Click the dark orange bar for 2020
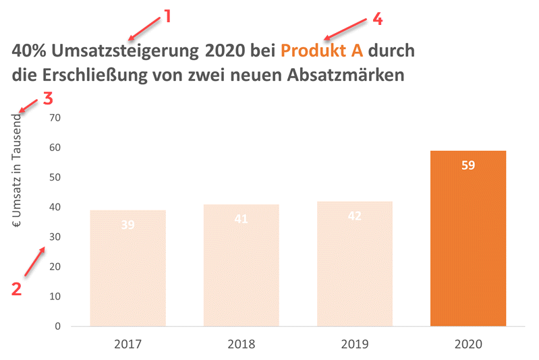[x=467, y=243]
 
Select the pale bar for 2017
[x=127, y=270]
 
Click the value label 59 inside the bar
[x=468, y=165]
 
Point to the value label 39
[x=127, y=225]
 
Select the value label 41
[x=241, y=219]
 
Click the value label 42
[x=354, y=216]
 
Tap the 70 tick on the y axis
[x=55, y=118]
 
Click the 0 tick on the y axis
[x=58, y=326]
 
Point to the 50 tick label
[x=55, y=177]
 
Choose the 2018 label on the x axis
[x=241, y=344]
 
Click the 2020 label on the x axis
[x=467, y=344]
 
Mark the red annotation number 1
[x=167, y=17]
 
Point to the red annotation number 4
[x=377, y=19]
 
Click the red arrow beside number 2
[x=35, y=262]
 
